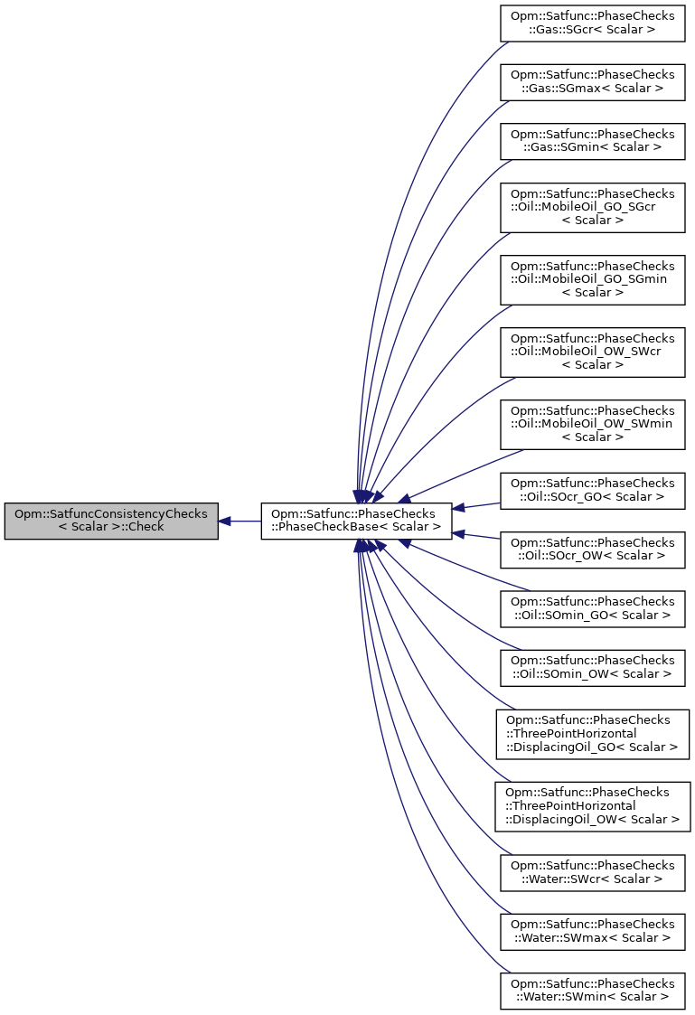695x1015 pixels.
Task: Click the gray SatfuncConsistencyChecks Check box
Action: pos(111,521)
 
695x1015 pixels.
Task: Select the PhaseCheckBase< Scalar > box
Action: pos(356,521)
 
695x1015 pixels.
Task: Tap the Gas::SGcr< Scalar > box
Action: pos(592,23)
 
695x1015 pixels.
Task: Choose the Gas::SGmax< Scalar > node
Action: pos(592,81)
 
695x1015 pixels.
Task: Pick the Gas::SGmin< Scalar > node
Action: pos(592,140)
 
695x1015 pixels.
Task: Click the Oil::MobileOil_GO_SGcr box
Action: pos(592,208)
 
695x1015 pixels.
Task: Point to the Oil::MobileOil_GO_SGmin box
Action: pos(592,280)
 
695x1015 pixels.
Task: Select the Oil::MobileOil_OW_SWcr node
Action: pos(592,352)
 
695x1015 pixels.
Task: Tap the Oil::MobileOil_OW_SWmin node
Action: pos(592,425)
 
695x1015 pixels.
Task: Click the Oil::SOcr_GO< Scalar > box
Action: pos(592,490)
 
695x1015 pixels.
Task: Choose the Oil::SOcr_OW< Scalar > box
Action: pos(592,550)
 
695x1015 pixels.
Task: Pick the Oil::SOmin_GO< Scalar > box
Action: pos(592,608)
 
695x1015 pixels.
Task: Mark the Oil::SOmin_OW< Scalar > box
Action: pos(592,667)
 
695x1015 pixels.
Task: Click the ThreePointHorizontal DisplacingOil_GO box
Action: pos(592,733)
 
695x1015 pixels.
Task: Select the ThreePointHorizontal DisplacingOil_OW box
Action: pos(592,806)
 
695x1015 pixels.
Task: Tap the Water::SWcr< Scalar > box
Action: pos(592,872)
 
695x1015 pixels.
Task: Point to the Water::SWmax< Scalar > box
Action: pos(592,931)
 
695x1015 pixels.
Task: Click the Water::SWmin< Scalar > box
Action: pos(592,991)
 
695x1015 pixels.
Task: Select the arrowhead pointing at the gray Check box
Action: pos(225,521)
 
